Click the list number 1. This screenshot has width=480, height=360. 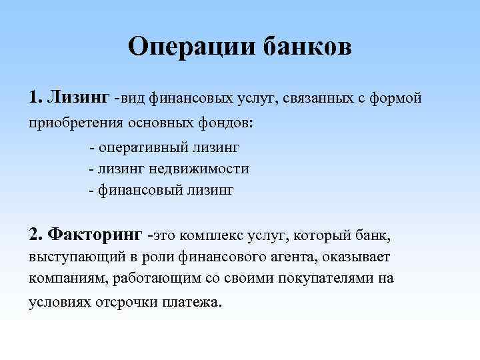coord(35,99)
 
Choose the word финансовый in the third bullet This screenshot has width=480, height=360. coord(137,190)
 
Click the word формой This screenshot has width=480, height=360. coord(397,99)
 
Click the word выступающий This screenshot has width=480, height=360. coord(73,257)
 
